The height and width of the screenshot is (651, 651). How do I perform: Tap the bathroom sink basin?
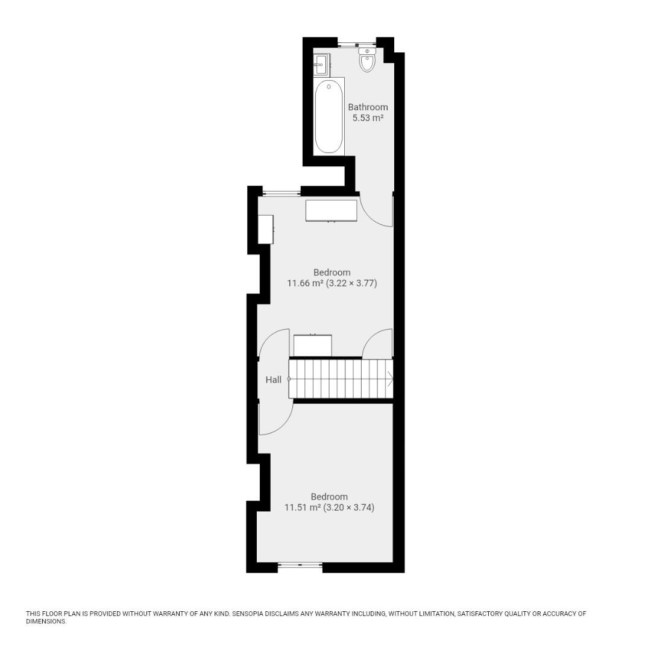(x=320, y=64)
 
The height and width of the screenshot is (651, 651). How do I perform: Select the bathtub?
(x=329, y=117)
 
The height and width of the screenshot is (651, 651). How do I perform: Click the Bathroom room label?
(x=368, y=107)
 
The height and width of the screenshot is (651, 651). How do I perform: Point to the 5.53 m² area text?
(x=368, y=118)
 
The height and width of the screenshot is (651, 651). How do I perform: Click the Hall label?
(x=274, y=380)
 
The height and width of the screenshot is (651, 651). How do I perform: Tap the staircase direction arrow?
(x=390, y=379)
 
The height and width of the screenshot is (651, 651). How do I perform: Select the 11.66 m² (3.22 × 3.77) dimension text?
(x=332, y=283)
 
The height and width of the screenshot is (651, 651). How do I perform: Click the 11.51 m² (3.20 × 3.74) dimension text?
(x=329, y=508)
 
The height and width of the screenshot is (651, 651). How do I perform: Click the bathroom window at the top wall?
(x=356, y=43)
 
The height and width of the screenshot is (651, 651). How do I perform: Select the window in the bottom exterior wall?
(x=300, y=564)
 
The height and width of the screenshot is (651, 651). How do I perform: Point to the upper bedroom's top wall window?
(x=281, y=192)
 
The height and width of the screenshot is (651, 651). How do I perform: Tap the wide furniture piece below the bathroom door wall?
(x=332, y=211)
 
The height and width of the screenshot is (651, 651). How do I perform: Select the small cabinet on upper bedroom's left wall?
(x=266, y=229)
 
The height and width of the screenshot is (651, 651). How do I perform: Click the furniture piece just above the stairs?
(x=313, y=345)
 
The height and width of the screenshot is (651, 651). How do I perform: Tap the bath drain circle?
(x=329, y=87)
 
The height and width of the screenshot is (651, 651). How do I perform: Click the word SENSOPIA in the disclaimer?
(x=247, y=614)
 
